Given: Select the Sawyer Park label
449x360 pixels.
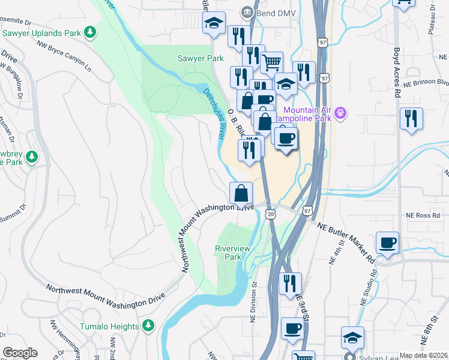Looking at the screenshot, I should point(200,58).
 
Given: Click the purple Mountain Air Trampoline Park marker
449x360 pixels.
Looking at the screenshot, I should point(341,112).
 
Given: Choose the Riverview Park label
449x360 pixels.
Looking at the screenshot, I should point(228,252).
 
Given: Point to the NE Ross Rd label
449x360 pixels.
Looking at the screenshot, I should point(419,214).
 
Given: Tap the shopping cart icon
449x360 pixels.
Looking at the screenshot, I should point(272,61).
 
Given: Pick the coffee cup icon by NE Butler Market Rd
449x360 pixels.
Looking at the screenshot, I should point(387,243).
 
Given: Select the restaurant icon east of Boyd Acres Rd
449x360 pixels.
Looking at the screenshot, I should point(412,118).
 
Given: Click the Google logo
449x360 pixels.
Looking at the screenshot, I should point(20,353).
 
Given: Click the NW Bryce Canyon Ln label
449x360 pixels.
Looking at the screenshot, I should point(64,55).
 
